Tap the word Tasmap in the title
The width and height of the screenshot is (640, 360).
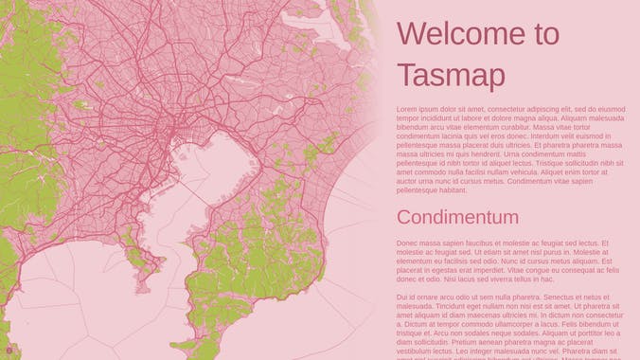point(445,75)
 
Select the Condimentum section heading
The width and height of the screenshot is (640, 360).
point(457,218)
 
